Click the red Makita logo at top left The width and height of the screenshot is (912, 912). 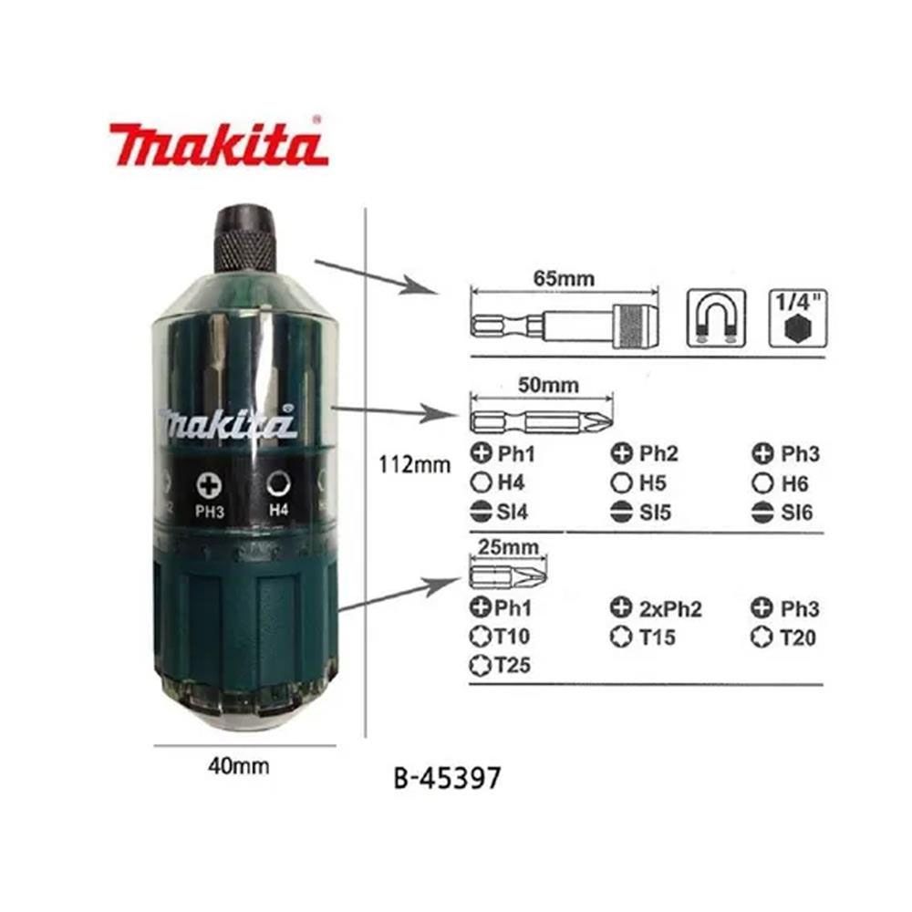(x=218, y=144)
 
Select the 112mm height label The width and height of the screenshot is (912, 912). (x=415, y=465)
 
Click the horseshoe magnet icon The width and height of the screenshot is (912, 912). (x=716, y=318)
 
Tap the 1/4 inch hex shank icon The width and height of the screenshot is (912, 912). (x=792, y=318)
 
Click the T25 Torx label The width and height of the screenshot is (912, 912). (x=506, y=666)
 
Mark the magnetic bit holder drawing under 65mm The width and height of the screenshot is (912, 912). (x=563, y=321)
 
